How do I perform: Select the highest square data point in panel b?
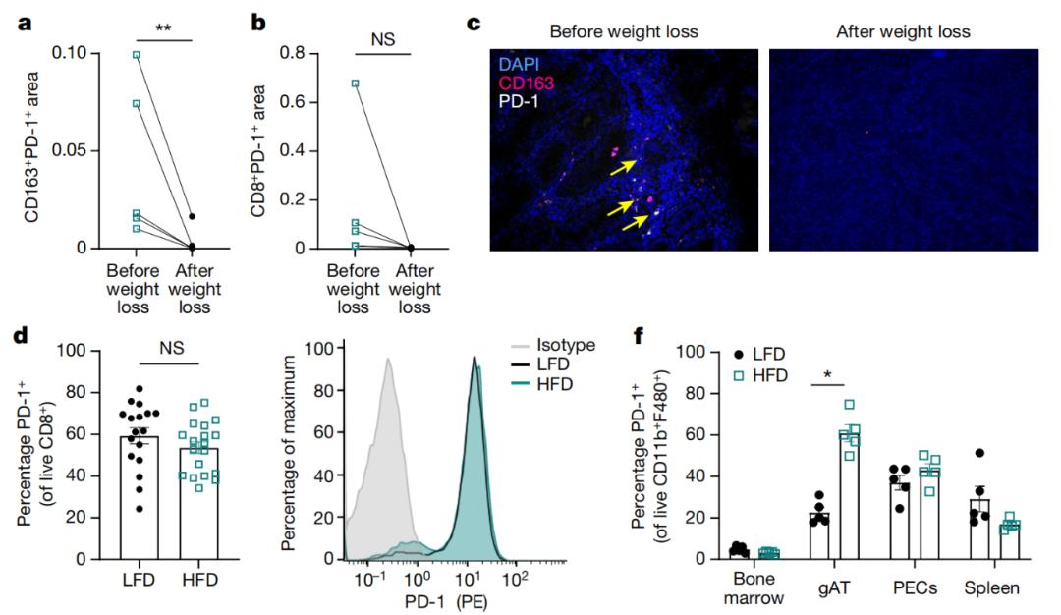tap(355, 84)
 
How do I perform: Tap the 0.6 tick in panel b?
tap(314, 102)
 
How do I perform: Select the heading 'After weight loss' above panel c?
tap(903, 31)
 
